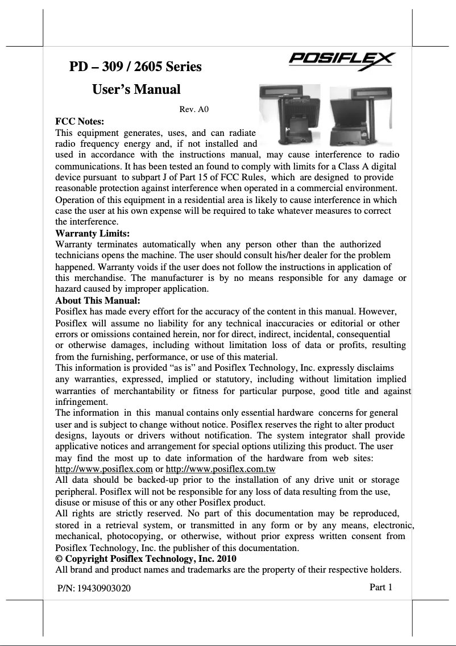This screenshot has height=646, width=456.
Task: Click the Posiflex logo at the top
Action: [343, 60]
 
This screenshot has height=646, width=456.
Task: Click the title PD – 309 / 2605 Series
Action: [135, 67]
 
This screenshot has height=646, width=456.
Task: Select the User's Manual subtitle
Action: [136, 89]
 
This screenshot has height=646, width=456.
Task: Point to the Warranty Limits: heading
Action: [92, 233]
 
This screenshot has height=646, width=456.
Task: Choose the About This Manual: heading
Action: [97, 300]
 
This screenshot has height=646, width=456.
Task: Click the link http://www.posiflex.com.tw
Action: [220, 469]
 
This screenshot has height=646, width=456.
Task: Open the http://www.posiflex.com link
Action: [103, 469]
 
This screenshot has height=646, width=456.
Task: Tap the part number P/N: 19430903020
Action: [94, 589]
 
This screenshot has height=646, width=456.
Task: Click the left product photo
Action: [289, 116]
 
